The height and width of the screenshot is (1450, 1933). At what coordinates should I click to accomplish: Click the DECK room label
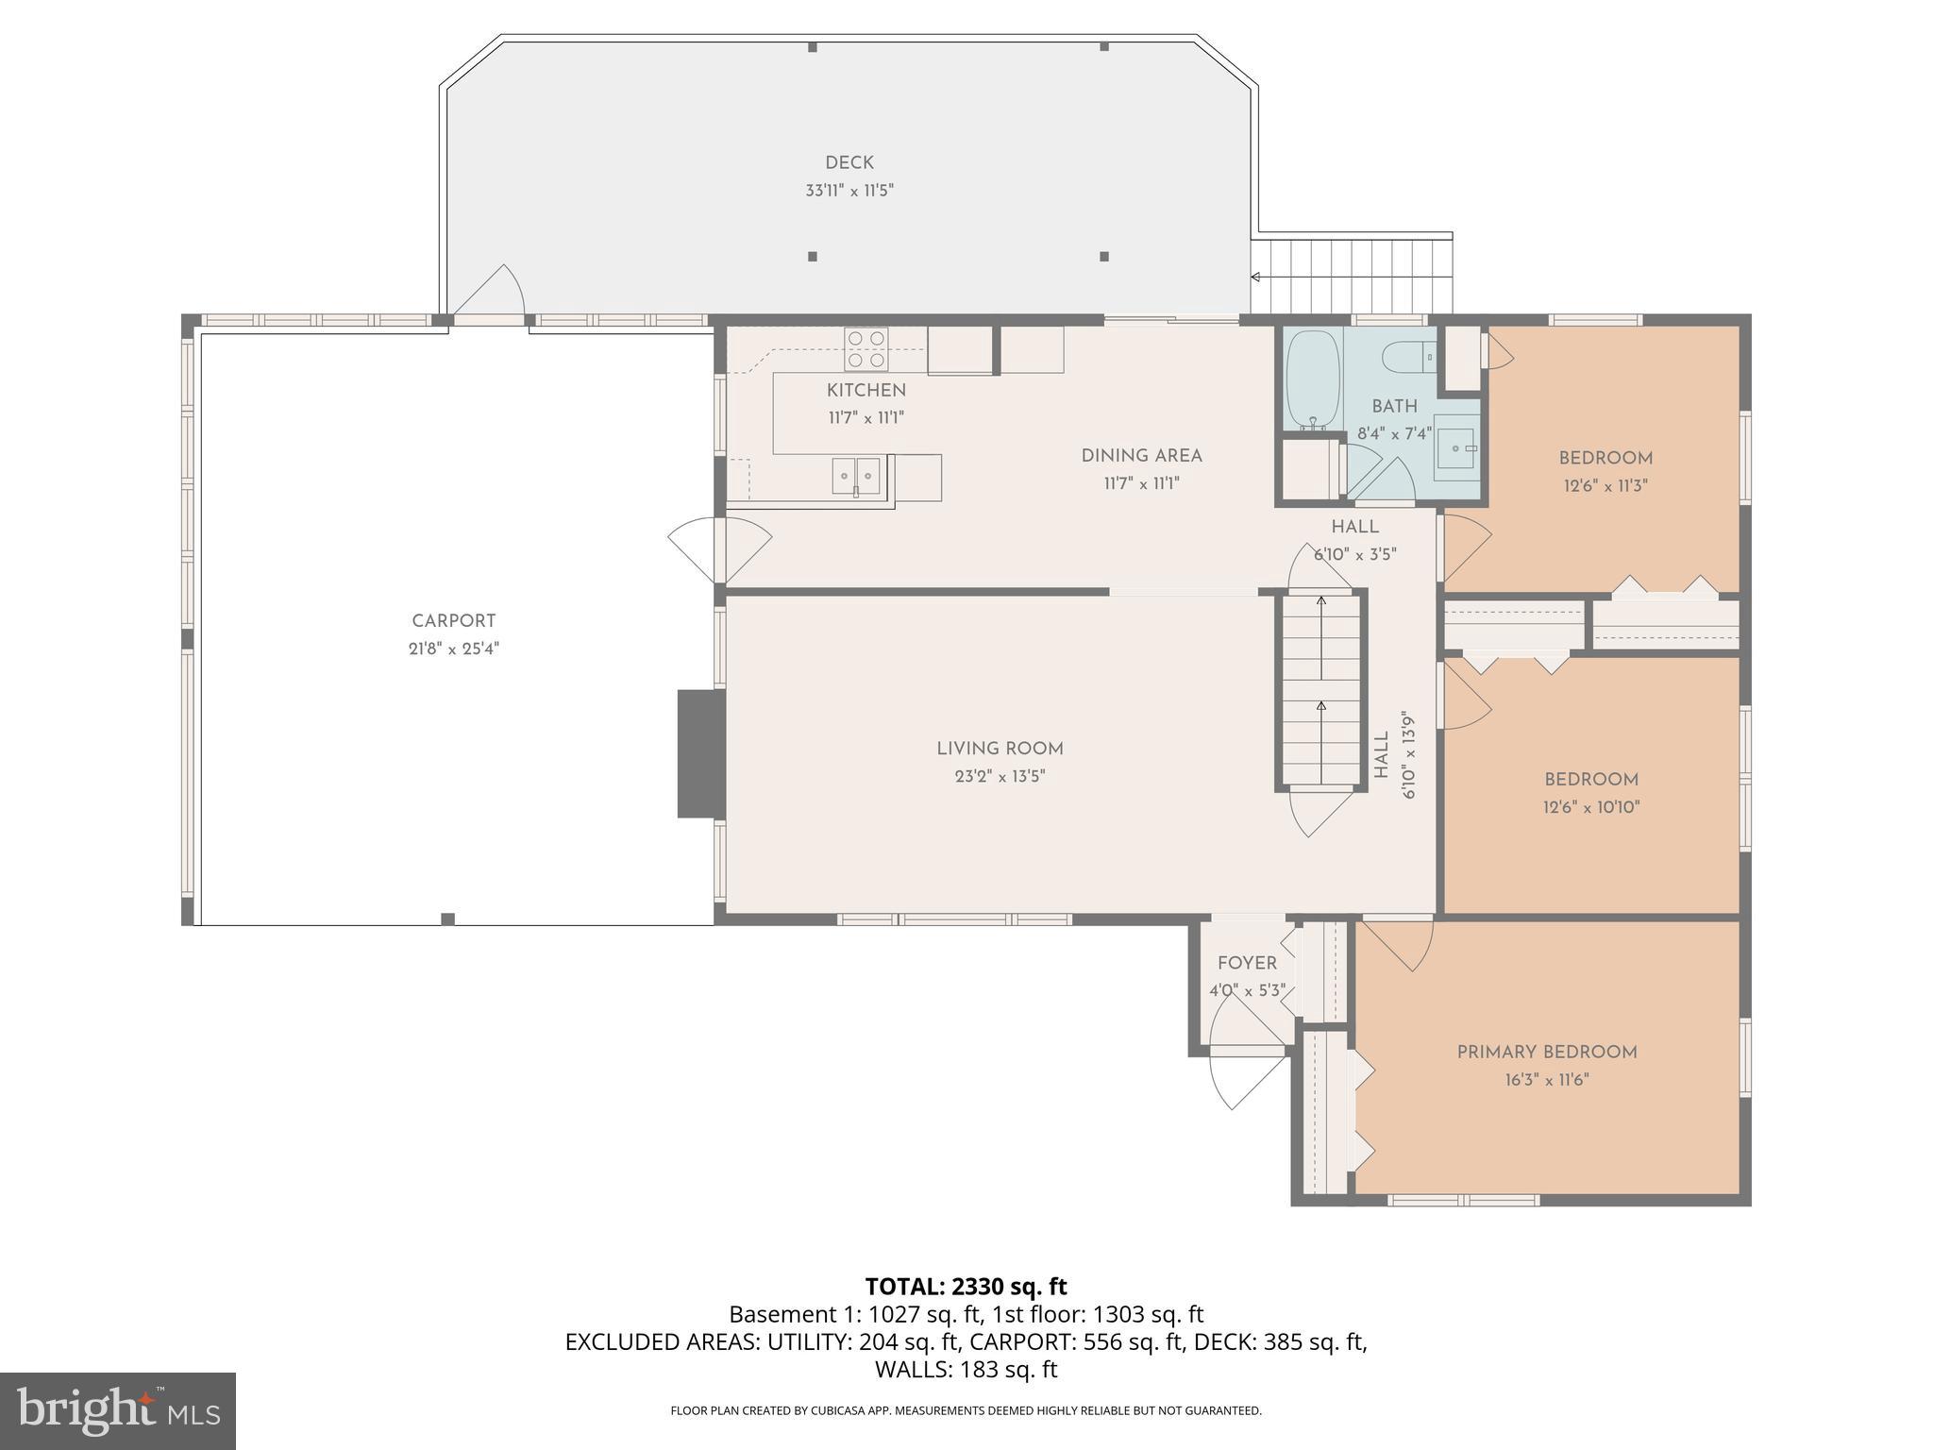849,163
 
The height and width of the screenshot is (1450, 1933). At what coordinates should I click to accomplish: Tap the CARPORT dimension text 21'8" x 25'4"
453,649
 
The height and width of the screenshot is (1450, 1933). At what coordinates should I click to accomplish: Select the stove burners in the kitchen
866,348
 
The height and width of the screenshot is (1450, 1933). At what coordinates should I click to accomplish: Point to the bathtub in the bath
1312,379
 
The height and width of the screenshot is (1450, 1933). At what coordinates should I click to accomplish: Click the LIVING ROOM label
1000,749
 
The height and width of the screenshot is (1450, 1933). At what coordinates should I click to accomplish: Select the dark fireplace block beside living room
700,753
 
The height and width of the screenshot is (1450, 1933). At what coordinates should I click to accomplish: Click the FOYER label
1247,963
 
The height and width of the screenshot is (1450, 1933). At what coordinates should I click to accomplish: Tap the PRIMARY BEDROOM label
1546,1052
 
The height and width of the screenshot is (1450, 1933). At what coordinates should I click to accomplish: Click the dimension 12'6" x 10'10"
1591,807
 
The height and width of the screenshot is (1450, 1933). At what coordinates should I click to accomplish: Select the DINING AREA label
1141,456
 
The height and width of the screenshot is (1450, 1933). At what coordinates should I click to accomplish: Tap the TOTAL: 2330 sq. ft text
966,1287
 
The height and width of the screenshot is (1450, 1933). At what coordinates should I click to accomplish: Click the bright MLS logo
118,1411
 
